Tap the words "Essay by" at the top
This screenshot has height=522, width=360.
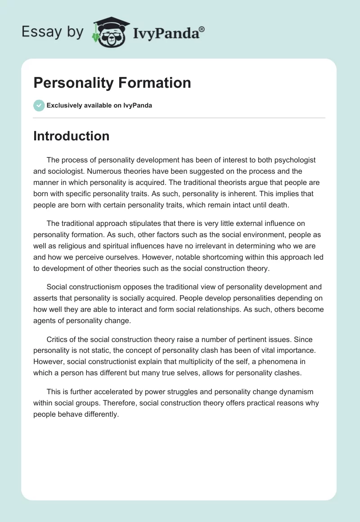(53, 31)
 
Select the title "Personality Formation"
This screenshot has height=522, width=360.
(112, 83)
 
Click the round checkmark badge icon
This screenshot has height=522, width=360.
(39, 105)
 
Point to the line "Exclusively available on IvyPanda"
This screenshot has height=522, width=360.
(99, 105)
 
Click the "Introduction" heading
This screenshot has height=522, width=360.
(71, 136)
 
